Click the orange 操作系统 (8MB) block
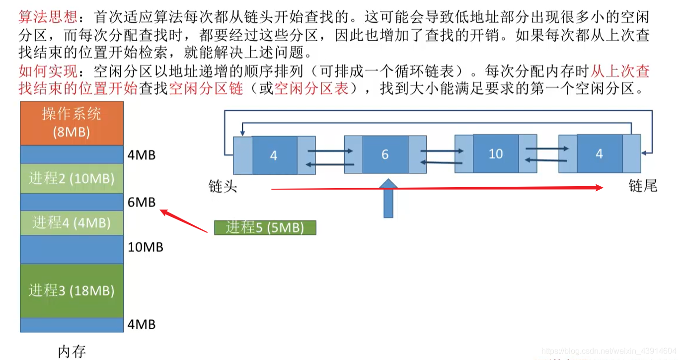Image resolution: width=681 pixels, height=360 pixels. pos(72,123)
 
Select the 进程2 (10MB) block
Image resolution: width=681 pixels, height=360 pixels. pos(72,178)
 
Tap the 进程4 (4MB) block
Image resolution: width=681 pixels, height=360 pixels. pos(72,222)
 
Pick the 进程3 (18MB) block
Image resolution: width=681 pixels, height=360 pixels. pos(72,290)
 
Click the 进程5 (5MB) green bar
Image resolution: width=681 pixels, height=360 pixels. pos(265,227)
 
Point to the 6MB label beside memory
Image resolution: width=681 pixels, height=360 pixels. pos(142,202)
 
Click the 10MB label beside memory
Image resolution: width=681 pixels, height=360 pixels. pos(145,247)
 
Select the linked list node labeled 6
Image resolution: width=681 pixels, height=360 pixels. pos(385,154)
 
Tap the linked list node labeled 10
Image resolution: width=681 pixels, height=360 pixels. pos(495,153)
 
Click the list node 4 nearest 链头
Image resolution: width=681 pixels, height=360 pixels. pos(274,155)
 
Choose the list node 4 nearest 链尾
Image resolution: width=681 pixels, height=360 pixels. pos(599,153)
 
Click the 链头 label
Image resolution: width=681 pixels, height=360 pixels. pos(223,187)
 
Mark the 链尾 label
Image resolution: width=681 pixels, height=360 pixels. pos(643,186)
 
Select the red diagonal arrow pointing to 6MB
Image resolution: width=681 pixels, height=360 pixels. pos(184,221)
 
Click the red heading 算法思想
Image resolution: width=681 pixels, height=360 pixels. pos(48,17)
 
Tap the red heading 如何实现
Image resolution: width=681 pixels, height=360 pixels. pos(48,71)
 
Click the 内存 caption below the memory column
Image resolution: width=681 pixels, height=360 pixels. pos(72,352)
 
